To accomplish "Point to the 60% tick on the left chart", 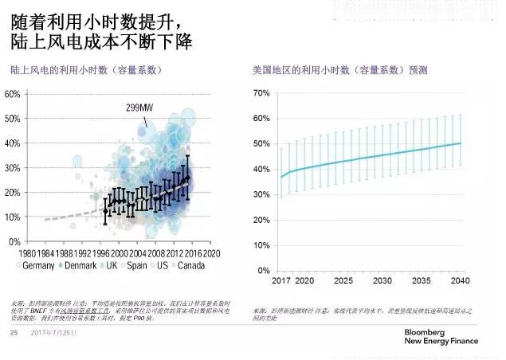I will coord(13,94).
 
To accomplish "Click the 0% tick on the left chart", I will coord(15,241).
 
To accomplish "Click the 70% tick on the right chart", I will coord(261,93).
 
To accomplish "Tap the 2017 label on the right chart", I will coord(281,281).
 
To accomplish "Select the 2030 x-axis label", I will coord(382,281).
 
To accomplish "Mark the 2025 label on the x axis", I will coord(343,281).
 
